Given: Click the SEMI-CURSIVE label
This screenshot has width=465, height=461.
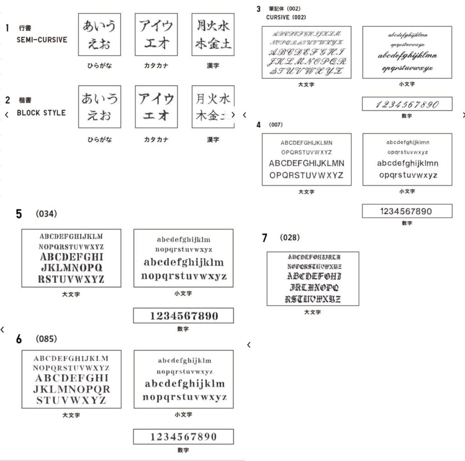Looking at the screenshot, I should pos(42,40).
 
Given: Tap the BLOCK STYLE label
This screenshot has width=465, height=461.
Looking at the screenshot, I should pos(41,113).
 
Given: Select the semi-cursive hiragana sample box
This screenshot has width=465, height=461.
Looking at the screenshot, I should pos(99,34).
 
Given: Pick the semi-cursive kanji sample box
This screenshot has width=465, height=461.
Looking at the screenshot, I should pos(213,34).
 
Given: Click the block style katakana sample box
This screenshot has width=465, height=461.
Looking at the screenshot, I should pos(156,107).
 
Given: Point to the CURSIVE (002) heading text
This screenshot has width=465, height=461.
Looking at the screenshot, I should pos(286,17).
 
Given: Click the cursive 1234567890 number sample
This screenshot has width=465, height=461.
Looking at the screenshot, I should pos(407,104).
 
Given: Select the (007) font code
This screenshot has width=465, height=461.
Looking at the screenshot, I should pos(276,124).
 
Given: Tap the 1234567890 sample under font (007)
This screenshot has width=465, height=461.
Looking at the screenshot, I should pos(407,211).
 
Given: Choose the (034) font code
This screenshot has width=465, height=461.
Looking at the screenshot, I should pos(46,214).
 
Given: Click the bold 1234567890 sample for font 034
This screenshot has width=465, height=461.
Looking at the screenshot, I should pos(183,316).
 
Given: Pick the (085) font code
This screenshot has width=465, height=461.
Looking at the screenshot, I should pos(46,338).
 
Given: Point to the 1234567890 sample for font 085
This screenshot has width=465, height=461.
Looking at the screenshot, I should pos(183,437).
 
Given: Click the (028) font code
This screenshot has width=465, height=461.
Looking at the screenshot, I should pos(290,237).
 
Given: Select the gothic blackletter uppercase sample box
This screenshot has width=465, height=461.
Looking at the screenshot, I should pos(313,278).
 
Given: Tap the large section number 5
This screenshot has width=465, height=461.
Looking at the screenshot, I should pos(19,214).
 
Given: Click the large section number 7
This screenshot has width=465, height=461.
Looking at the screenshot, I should pos(265,238).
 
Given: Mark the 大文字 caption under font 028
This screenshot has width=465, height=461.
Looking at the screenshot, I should pos(312,312).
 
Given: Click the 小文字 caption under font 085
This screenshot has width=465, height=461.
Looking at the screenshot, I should pos(183,415).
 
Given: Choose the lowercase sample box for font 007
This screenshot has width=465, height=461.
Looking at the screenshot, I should pos(407,159).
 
